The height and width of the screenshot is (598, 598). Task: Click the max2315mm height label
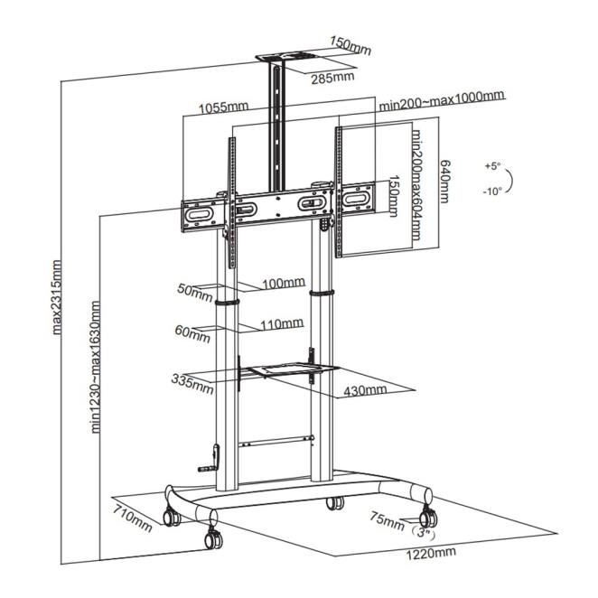tap(56, 297)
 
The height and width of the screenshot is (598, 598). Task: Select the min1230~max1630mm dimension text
tap(96, 367)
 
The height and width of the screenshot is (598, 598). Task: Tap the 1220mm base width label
tap(431, 554)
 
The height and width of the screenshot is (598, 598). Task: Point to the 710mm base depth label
tap(132, 519)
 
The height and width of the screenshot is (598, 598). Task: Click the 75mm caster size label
tap(387, 521)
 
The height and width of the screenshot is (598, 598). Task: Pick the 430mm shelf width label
tap(365, 390)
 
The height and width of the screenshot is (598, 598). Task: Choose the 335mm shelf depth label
tap(192, 384)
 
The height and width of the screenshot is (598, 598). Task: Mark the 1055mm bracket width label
tap(223, 107)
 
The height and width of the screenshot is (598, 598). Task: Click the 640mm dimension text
tap(445, 182)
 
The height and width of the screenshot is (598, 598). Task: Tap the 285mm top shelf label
tap(332, 78)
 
